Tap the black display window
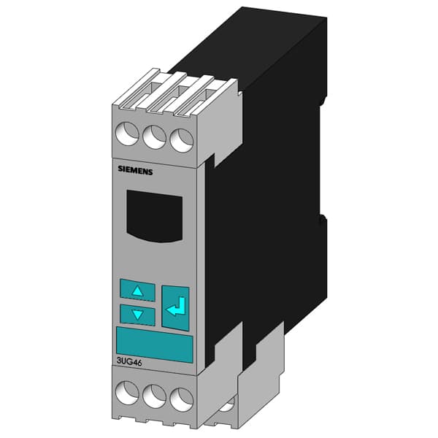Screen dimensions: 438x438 click(x=153, y=215)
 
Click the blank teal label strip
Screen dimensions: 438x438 click(x=153, y=345)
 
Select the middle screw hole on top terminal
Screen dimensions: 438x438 click(x=153, y=137)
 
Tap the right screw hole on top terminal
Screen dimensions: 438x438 click(x=179, y=139)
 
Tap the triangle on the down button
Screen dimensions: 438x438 click(x=137, y=315)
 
